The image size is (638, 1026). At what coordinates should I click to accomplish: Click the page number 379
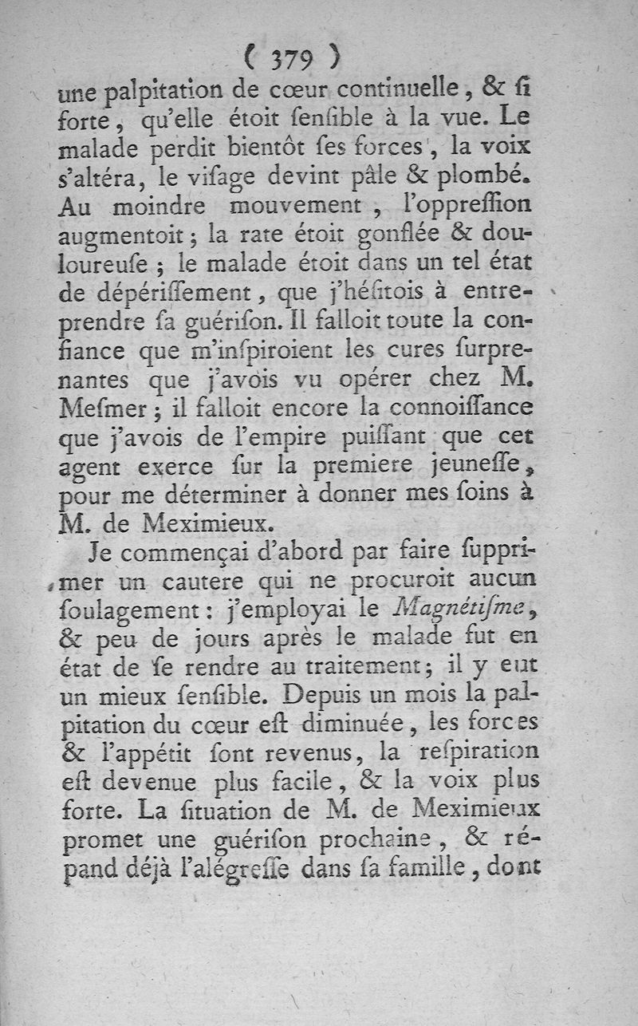294,58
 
